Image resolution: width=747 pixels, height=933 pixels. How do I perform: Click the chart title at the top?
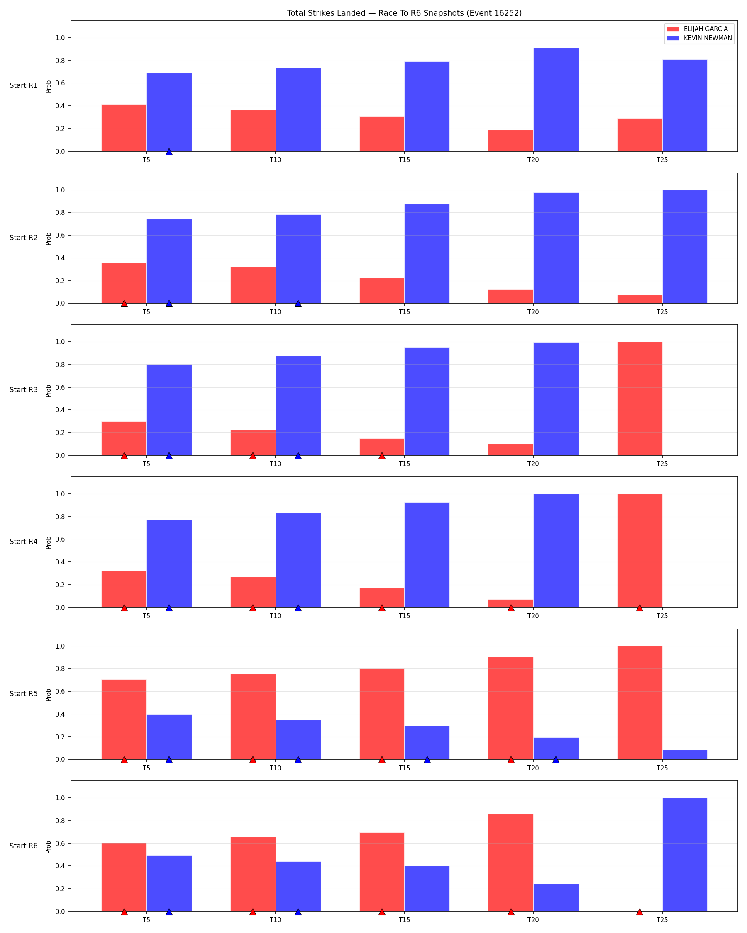click(x=404, y=13)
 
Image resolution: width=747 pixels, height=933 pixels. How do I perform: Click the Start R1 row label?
click(x=24, y=86)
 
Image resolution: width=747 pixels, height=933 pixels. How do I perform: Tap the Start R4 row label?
click(x=24, y=542)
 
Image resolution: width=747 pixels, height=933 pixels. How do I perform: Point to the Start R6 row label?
click(x=24, y=846)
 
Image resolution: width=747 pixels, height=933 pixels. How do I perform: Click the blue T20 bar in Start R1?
click(x=556, y=100)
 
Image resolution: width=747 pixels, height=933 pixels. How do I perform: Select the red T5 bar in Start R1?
click(x=124, y=128)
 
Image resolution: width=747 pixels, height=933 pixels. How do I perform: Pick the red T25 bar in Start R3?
click(x=640, y=398)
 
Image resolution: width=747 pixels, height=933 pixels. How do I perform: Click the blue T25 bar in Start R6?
click(x=685, y=855)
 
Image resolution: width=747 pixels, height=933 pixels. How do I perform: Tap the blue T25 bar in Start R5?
click(x=685, y=755)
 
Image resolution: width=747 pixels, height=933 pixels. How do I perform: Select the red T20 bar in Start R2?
click(x=511, y=296)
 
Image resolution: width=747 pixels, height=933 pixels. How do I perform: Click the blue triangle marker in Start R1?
click(x=169, y=151)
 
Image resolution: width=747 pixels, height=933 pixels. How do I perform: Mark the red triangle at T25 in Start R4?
click(x=640, y=608)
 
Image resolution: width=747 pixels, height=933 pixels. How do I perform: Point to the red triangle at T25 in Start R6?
click(x=640, y=912)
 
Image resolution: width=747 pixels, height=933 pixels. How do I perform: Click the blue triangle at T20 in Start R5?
click(x=556, y=760)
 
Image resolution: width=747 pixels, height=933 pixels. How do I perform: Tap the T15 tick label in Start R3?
click(x=404, y=464)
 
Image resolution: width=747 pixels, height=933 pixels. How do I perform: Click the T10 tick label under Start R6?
click(x=276, y=920)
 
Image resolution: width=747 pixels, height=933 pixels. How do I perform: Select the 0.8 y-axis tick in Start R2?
click(x=60, y=212)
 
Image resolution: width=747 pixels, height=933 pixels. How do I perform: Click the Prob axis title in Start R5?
click(x=49, y=695)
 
